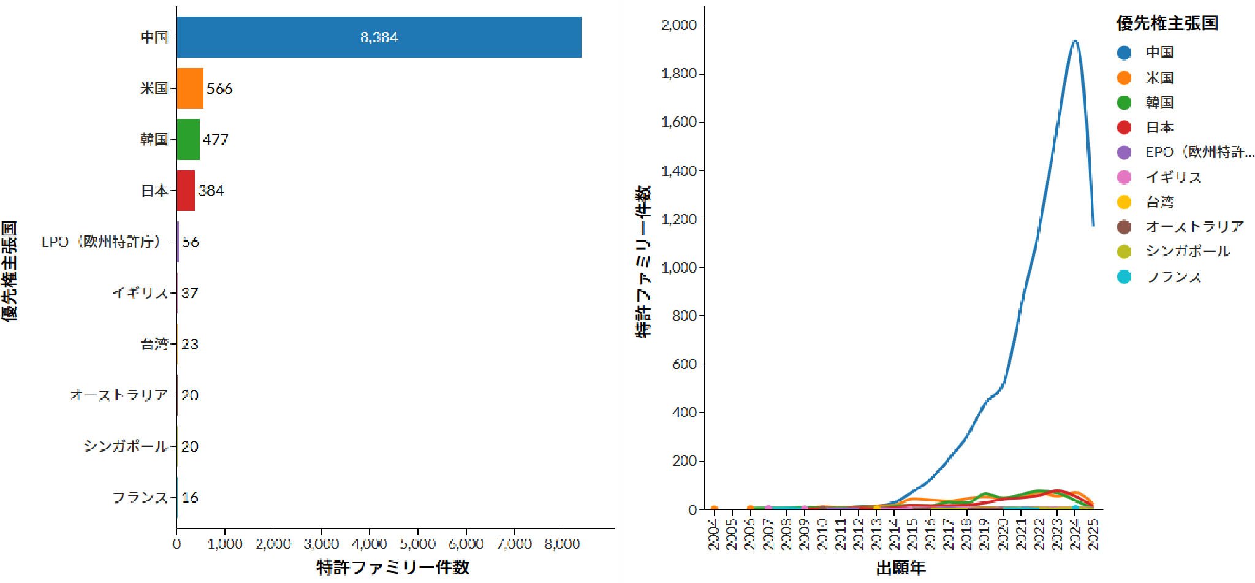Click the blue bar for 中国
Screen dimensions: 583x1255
(x=379, y=37)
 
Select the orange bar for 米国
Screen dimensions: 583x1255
(x=190, y=88)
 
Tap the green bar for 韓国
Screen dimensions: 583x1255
(x=188, y=139)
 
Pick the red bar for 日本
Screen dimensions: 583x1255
(x=186, y=191)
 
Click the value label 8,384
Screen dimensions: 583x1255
(x=379, y=37)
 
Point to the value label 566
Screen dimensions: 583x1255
(x=219, y=88)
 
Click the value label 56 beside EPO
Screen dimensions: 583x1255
(x=191, y=242)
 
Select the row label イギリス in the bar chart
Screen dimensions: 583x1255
(x=140, y=293)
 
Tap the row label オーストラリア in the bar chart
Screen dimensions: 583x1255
(x=118, y=395)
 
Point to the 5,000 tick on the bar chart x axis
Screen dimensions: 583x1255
(x=418, y=544)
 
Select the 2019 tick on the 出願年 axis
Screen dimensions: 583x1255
(x=985, y=534)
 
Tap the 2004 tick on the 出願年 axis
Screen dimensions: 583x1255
(x=714, y=534)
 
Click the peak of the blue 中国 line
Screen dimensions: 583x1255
(x=1075, y=41)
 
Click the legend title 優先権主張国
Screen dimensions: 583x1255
(x=1167, y=23)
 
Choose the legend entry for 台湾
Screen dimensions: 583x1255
(x=1159, y=202)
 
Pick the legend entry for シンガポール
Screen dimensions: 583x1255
(x=1187, y=251)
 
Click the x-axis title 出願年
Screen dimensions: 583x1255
(x=900, y=568)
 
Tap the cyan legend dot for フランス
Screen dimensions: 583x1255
(x=1124, y=276)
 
